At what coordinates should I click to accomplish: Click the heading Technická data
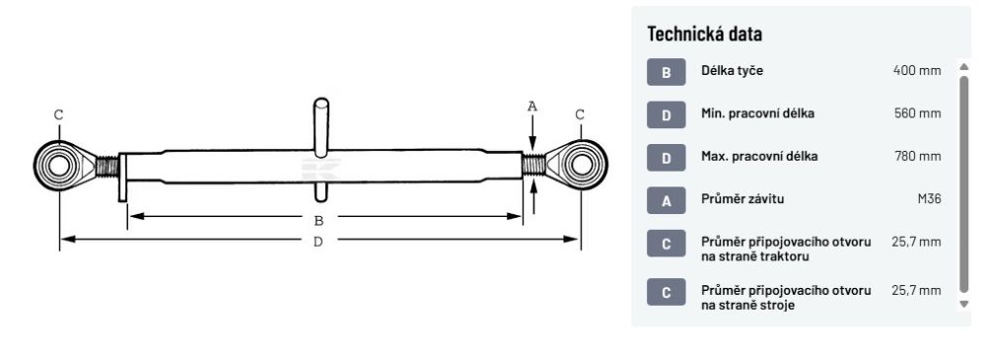[x=704, y=34]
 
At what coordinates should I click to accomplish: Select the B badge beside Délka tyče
[x=666, y=72]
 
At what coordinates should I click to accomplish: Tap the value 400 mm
[x=917, y=70]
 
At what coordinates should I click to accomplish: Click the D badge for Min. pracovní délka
[x=666, y=114]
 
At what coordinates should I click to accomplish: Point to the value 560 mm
[x=917, y=113]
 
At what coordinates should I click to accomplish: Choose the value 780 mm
[x=917, y=156]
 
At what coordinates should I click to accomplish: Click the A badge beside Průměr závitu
[x=666, y=200]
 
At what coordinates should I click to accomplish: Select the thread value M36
[x=930, y=199]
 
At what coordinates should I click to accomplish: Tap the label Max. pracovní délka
[x=759, y=156]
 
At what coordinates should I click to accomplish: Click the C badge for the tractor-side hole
[x=666, y=243]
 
